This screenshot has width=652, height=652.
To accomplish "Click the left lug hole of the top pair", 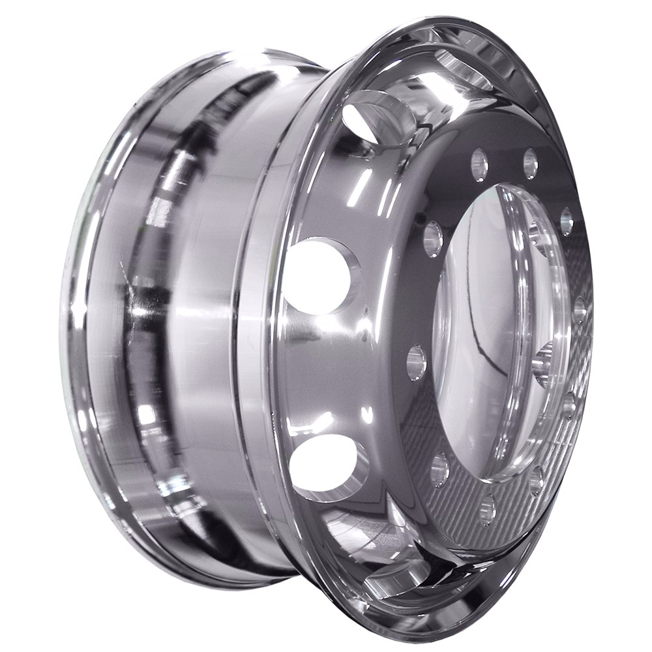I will (480, 164).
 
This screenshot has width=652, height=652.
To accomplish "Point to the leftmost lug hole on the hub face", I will (417, 362).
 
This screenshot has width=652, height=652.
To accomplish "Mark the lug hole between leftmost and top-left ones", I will (433, 239).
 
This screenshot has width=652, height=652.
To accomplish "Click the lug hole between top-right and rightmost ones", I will (567, 222).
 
